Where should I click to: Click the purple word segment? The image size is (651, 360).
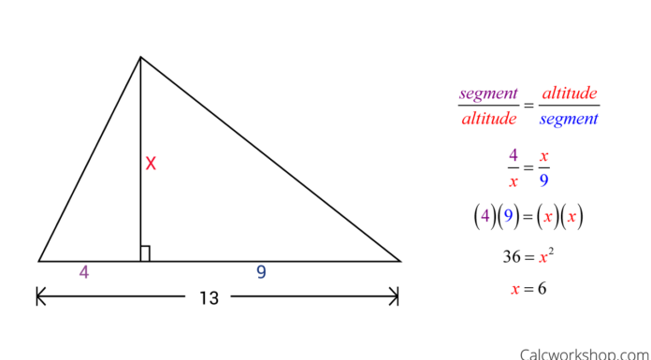[487, 94]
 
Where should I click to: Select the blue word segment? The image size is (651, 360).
[569, 120]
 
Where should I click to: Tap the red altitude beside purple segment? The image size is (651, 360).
[569, 94]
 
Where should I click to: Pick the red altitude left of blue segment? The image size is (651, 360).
[488, 120]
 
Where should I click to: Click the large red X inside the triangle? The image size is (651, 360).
[151, 164]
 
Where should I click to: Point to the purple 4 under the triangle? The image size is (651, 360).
[84, 273]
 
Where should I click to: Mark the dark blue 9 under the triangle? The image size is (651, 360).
[261, 273]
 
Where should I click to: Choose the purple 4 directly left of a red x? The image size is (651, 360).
[514, 155]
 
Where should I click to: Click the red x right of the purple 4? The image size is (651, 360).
[543, 157]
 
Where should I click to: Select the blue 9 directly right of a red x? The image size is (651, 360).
[543, 180]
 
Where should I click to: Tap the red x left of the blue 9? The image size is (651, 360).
[514, 182]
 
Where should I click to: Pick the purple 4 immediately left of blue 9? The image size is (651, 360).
[485, 216]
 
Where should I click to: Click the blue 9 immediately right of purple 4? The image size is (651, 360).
[509, 216]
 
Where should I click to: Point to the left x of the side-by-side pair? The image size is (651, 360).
[548, 218]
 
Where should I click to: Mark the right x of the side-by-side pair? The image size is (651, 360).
[571, 218]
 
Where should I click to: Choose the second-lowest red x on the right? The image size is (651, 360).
[543, 258]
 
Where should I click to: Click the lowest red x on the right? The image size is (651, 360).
[515, 290]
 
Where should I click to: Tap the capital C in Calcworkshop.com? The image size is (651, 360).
[525, 354]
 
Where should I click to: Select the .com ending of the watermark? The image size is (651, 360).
[631, 354]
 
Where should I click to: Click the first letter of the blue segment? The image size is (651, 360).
[542, 121]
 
